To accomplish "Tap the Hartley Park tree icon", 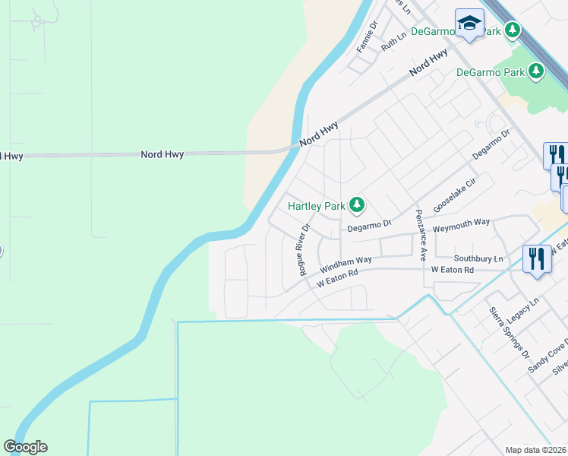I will coord(356,205).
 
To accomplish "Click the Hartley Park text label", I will coord(315,205).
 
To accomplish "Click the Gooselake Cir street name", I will coord(454,195).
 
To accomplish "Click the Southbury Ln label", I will coord(478,258).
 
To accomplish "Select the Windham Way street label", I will coord(346,264).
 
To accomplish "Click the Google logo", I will coord(25,447).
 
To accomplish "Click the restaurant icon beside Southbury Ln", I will coord(537,259).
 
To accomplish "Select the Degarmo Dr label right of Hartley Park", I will coord(368,224).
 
